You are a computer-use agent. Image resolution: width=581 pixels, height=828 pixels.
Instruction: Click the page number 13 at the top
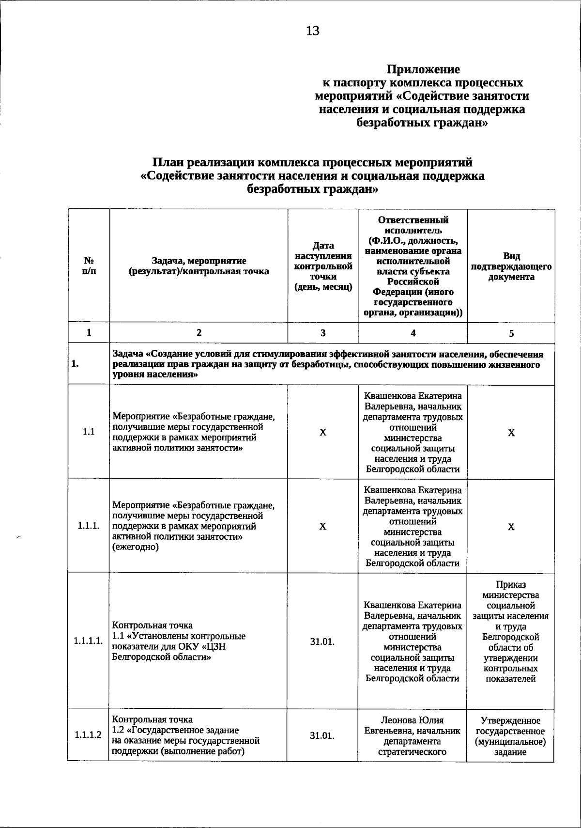coord(313,31)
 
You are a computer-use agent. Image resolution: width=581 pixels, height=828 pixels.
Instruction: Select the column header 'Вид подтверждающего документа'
coord(511,266)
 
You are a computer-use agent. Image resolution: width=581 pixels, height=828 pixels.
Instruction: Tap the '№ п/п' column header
coord(89,266)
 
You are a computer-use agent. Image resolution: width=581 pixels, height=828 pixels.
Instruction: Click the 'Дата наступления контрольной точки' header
coord(323,266)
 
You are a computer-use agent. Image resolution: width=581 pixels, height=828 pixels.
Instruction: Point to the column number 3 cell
coord(323,333)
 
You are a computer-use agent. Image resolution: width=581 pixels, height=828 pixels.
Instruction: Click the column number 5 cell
coord(511,333)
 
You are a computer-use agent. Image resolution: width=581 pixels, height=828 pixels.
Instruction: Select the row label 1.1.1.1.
coord(89,641)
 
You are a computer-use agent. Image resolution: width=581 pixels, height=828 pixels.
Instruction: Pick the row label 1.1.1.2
coord(88,735)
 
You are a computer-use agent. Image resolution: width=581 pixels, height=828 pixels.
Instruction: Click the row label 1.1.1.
coord(89,526)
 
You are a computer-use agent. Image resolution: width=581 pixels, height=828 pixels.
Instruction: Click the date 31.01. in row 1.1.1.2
coord(322,735)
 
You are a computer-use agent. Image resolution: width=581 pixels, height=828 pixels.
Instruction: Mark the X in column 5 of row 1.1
coord(511,433)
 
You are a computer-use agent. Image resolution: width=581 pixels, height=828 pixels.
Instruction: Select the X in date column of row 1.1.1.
coord(323,527)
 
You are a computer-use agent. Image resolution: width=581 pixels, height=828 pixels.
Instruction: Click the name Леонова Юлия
coord(412,720)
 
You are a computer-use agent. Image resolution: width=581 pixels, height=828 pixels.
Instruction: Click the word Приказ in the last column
coord(511,585)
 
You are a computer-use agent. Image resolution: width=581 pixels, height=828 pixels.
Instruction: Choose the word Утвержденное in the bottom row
coord(511,720)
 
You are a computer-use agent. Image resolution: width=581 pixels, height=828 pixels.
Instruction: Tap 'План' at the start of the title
coord(168,162)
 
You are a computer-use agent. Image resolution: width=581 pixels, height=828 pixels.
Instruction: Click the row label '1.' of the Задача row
coord(75,364)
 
